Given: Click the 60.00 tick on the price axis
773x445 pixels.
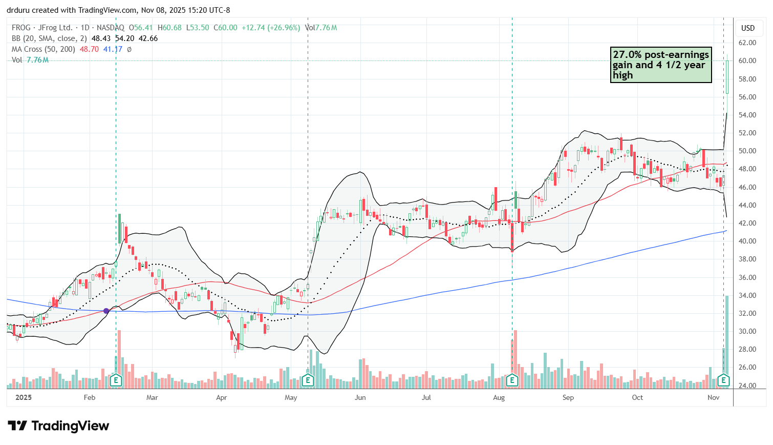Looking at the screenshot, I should pyautogui.click(x=747, y=60).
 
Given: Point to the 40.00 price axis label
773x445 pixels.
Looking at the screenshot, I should pyautogui.click(x=747, y=241).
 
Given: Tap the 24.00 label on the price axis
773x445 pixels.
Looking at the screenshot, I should pyautogui.click(x=747, y=386).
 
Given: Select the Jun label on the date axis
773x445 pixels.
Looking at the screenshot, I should pyautogui.click(x=360, y=397).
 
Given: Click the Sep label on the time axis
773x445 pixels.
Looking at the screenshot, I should pyautogui.click(x=568, y=397).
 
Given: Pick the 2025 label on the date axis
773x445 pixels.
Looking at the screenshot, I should pyautogui.click(x=24, y=397).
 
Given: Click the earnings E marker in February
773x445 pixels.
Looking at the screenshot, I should pyautogui.click(x=116, y=380).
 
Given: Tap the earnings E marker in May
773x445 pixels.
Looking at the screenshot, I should pyautogui.click(x=308, y=380).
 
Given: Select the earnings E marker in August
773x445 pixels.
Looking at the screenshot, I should pyautogui.click(x=512, y=380).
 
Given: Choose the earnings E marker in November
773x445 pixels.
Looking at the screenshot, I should pyautogui.click(x=723, y=380).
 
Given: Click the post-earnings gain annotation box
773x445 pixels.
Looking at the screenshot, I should pyautogui.click(x=660, y=65).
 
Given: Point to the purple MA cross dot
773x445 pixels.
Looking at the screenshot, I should pyautogui.click(x=106, y=311).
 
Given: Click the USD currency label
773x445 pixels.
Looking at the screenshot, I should pyautogui.click(x=748, y=28).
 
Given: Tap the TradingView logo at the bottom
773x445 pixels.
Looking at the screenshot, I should pyautogui.click(x=58, y=426).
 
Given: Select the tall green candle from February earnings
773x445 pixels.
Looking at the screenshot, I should pyautogui.click(x=119, y=229).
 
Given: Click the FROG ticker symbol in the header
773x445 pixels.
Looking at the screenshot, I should pyautogui.click(x=21, y=28).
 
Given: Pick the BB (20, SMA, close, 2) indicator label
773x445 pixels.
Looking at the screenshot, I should pyautogui.click(x=50, y=38).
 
